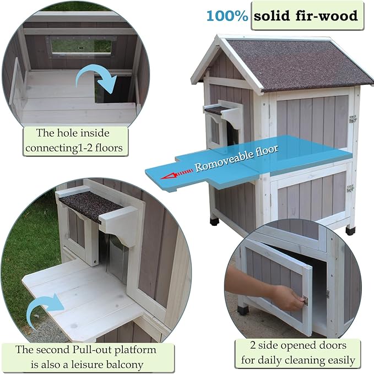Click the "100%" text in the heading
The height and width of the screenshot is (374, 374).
click(x=227, y=15)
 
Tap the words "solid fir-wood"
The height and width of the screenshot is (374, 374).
click(x=305, y=15)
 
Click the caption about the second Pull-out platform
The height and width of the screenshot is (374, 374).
click(x=86, y=357)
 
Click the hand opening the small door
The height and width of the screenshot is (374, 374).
click(x=275, y=289)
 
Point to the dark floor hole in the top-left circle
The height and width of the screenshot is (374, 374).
click(x=113, y=91)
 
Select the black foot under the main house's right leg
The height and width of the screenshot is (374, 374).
click(x=349, y=230)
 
